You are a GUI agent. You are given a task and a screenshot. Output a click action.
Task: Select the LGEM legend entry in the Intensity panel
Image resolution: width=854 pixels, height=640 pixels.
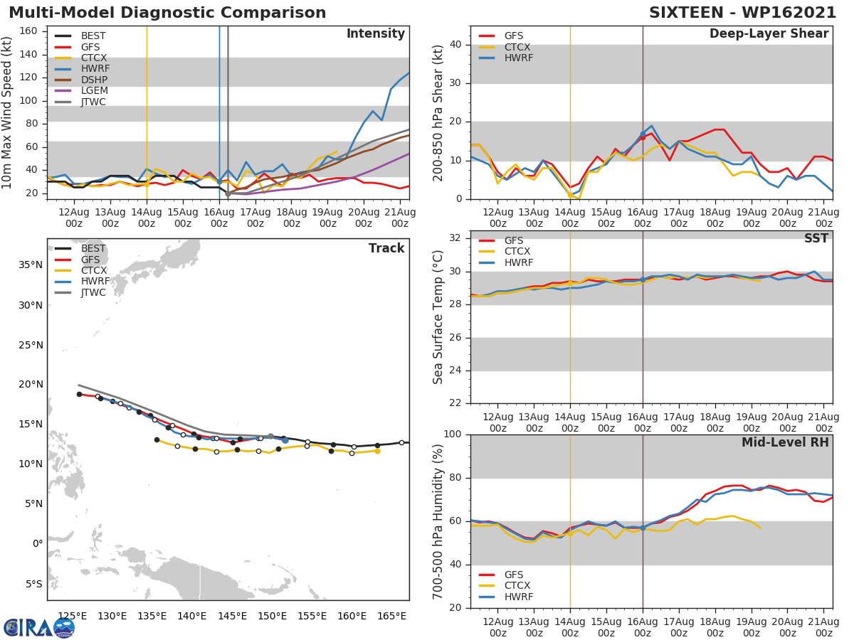(x=93, y=91)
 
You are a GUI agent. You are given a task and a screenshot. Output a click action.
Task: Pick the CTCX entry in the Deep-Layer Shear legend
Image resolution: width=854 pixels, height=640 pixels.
(x=517, y=47)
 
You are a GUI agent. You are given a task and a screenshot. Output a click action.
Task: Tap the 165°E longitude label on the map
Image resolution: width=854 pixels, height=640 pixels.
(x=393, y=616)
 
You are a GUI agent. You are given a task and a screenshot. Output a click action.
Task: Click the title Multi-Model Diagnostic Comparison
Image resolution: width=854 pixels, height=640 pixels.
(x=167, y=13)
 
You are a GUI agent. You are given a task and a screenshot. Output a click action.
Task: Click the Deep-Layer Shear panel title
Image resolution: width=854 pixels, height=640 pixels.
(x=769, y=34)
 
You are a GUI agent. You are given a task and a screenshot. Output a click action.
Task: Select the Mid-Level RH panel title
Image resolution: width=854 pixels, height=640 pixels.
(x=785, y=442)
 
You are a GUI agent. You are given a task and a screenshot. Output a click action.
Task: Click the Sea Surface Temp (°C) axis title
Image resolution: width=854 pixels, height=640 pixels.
(x=438, y=316)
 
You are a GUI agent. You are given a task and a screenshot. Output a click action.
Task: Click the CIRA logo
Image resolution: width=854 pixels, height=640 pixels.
(x=38, y=627)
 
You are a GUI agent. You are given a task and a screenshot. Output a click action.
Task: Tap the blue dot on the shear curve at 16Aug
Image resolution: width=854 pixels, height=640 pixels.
(x=643, y=134)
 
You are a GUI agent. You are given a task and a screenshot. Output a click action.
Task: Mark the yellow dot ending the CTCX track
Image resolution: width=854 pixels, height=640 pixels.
(x=377, y=451)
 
